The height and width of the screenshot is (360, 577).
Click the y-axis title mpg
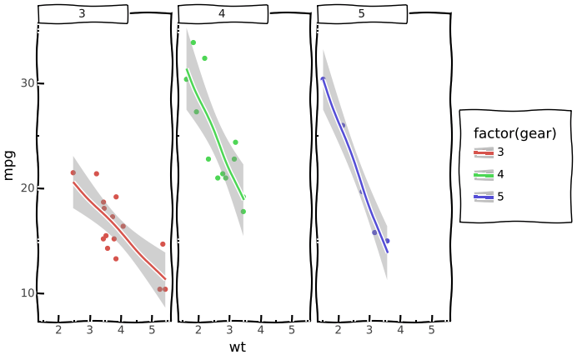(10, 164)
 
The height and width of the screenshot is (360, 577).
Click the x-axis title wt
(237, 347)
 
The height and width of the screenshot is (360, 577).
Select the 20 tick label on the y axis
(26, 188)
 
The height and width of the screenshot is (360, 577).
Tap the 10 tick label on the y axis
(26, 293)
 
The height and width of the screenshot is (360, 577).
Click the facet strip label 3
(82, 14)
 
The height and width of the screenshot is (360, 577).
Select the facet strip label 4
(222, 14)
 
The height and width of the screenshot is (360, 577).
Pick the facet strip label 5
(361, 14)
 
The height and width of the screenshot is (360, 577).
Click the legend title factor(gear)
(514, 133)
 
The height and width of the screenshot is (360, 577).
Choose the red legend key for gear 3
(484, 152)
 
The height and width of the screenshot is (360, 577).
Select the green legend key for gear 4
(484, 175)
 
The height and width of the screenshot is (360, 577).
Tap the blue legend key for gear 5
(484, 197)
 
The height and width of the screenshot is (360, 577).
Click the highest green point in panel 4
(193, 42)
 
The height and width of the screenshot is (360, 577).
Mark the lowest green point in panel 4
(243, 212)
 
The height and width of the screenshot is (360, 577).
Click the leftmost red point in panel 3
(73, 172)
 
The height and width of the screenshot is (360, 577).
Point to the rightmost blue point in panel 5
(387, 241)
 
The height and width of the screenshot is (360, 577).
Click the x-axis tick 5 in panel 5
(431, 331)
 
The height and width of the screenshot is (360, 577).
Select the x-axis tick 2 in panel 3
(58, 331)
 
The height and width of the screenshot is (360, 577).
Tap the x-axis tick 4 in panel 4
(260, 331)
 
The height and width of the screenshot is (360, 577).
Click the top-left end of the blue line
(323, 78)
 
